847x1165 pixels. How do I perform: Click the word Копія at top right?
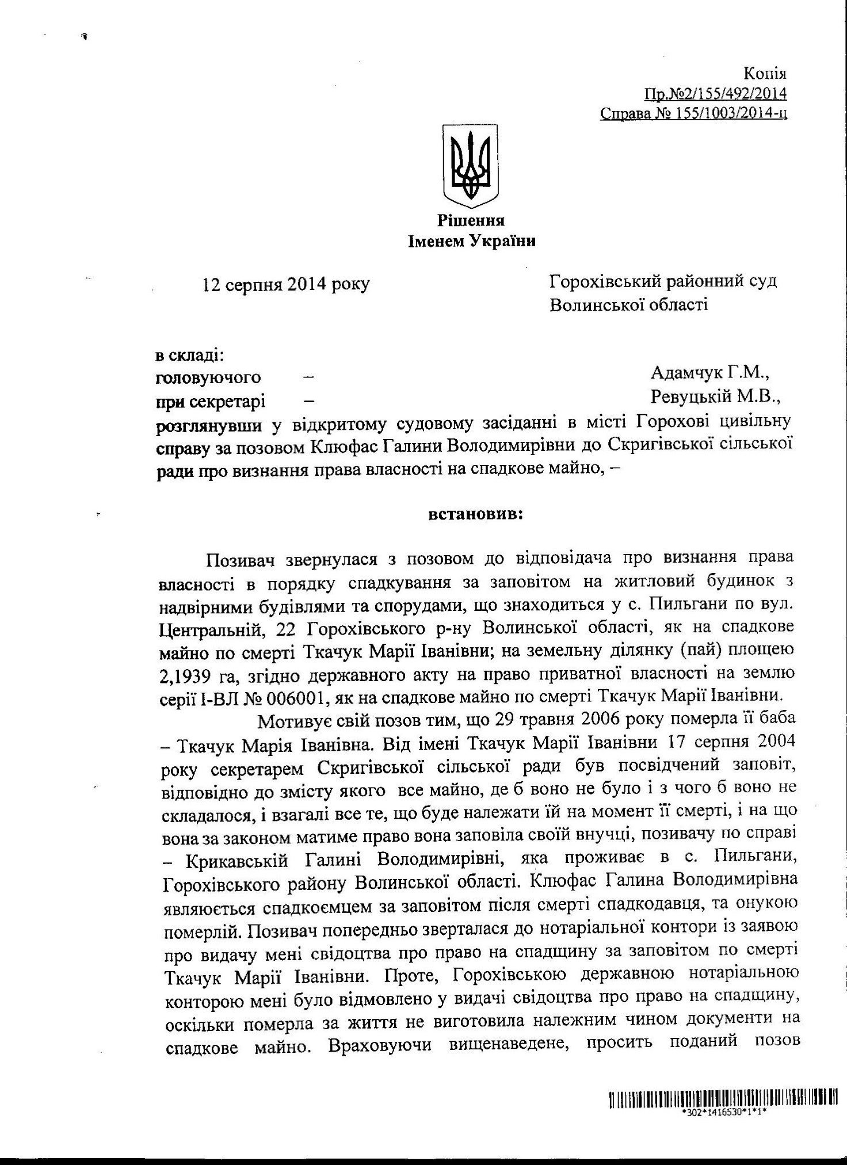[x=765, y=74]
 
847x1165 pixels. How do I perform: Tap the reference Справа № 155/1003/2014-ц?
[x=693, y=113]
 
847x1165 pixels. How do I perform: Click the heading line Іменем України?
[x=471, y=241]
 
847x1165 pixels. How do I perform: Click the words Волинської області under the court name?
[x=629, y=304]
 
